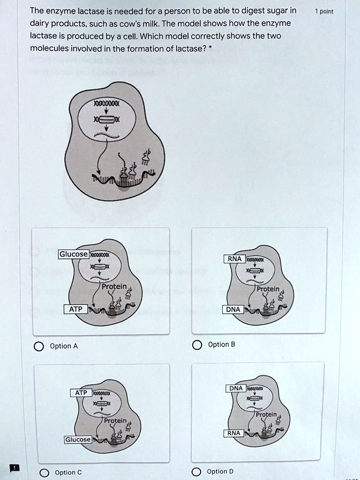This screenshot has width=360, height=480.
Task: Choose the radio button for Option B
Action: [x=196, y=345]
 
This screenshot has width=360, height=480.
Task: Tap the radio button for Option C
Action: [x=44, y=472]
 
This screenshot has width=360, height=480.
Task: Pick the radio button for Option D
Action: [x=196, y=472]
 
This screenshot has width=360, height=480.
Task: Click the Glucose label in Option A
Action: [x=73, y=254]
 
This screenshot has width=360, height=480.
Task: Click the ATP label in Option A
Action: [x=75, y=309]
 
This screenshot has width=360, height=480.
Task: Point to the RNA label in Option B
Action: [x=234, y=258]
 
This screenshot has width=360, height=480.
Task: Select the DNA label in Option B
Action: [x=232, y=309]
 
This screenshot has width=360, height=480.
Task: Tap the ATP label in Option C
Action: [x=81, y=392]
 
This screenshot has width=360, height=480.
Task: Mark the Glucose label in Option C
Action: [x=78, y=440]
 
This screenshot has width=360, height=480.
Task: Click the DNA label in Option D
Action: [x=236, y=388]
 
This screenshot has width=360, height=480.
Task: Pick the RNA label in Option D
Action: [x=233, y=434]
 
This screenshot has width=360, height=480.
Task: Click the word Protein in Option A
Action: [x=115, y=286]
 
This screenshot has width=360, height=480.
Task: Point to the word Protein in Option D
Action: [x=267, y=414]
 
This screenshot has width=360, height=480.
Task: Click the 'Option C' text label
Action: [x=68, y=472]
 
